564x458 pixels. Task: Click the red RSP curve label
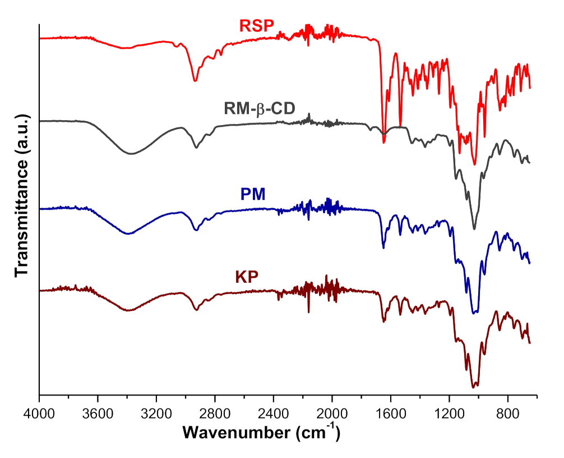coord(256,26)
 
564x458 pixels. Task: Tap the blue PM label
coord(253,194)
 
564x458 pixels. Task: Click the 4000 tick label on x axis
coord(39,415)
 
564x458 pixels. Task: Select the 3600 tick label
coord(98,415)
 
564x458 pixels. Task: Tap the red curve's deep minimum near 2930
coord(195,81)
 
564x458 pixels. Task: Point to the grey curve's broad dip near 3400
coord(131,153)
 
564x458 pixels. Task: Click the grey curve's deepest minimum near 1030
coord(474,228)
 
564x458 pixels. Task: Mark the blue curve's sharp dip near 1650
coord(383,248)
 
